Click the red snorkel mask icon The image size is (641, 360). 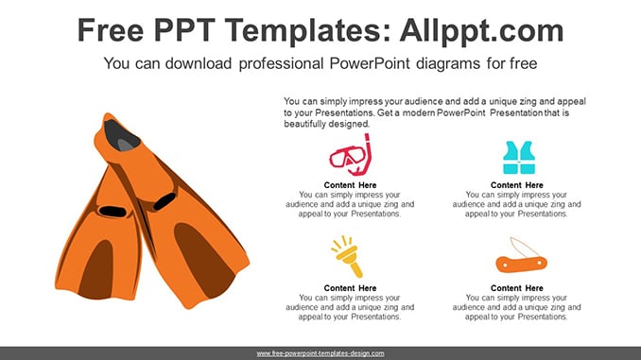click(351, 155)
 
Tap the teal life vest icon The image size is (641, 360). click(519, 158)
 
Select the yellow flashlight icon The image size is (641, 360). click(348, 257)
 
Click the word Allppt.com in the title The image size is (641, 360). click(481, 30)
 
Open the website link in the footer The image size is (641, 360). click(320, 353)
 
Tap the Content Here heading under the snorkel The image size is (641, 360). click(351, 185)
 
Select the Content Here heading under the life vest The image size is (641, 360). click(517, 185)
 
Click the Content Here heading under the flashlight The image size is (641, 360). click(351, 288)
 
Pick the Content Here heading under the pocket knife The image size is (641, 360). click(517, 288)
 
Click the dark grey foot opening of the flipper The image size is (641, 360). click(121, 136)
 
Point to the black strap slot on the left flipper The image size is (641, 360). click(113, 212)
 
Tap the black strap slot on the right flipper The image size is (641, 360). click(165, 201)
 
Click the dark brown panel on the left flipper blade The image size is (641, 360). click(96, 270)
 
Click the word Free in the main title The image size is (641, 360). click(111, 30)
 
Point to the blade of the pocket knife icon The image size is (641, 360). click(524, 248)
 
